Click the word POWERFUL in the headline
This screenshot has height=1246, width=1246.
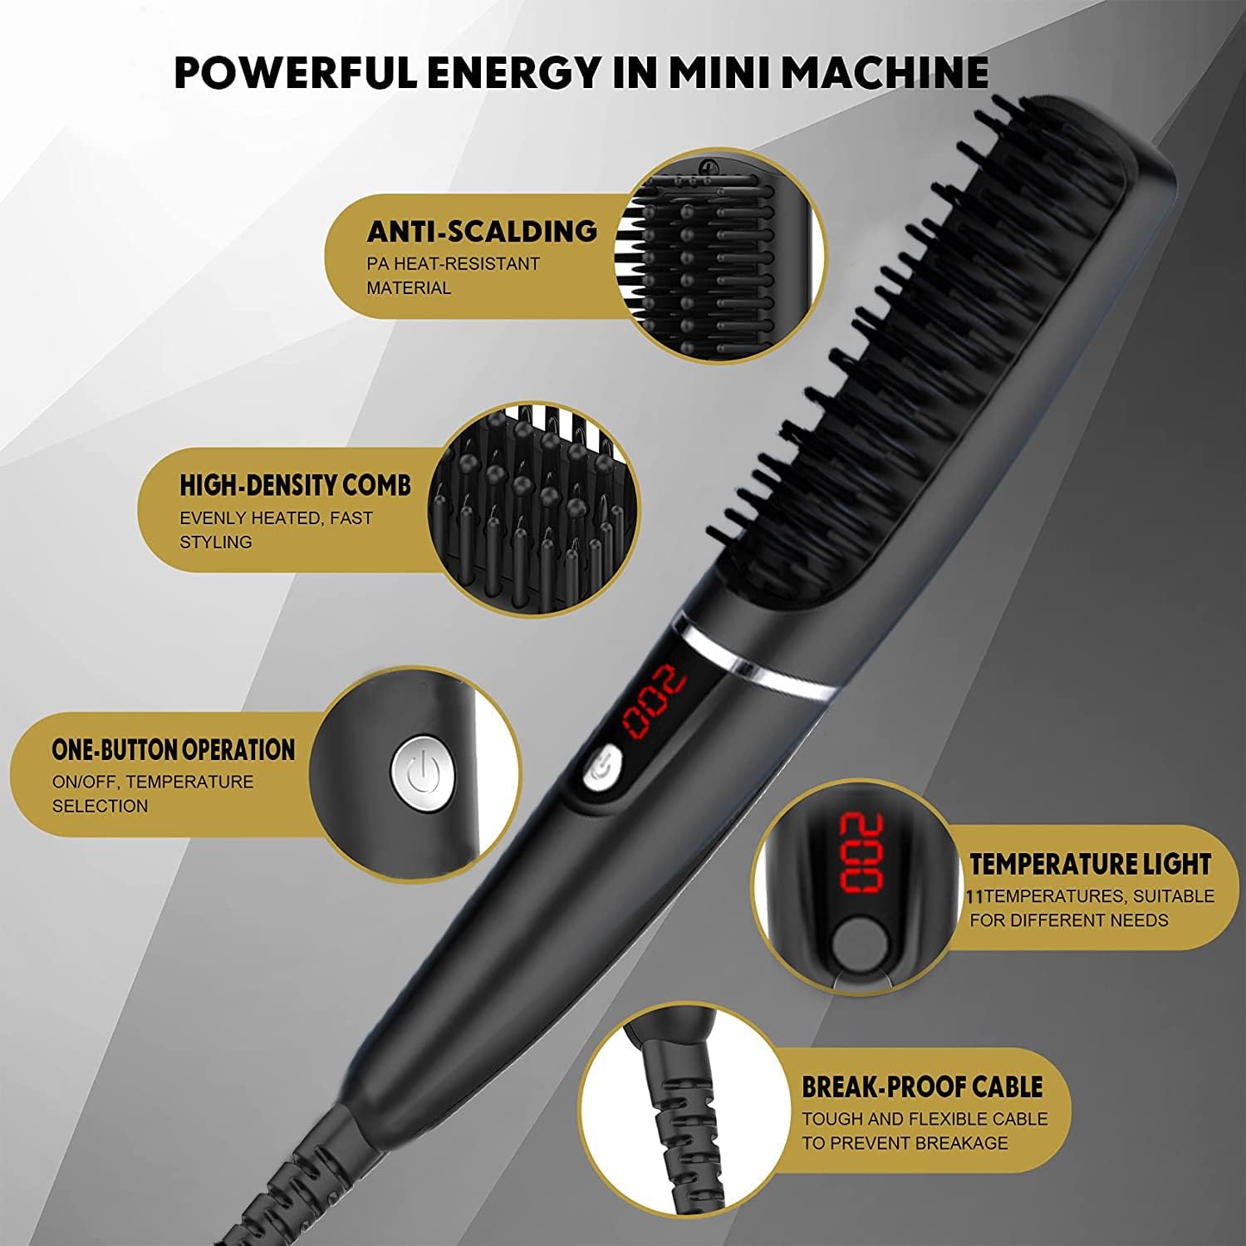click(x=296, y=72)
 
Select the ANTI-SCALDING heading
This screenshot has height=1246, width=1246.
click(x=482, y=231)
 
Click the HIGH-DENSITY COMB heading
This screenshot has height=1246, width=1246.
click(x=295, y=485)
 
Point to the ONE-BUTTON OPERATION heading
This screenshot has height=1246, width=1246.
click(x=173, y=749)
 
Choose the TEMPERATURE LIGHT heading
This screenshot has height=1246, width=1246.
click(x=1090, y=865)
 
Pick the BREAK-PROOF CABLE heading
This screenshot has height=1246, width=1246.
click(x=922, y=1087)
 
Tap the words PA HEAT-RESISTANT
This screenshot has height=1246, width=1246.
click(x=454, y=264)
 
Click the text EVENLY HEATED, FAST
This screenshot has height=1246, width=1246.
click(x=277, y=518)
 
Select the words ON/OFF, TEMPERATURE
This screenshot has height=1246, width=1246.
click(x=153, y=782)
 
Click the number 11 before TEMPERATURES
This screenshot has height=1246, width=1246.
click(x=975, y=897)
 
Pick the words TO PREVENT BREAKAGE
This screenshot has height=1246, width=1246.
click(x=905, y=1143)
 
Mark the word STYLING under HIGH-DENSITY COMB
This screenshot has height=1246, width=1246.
click(x=216, y=542)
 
